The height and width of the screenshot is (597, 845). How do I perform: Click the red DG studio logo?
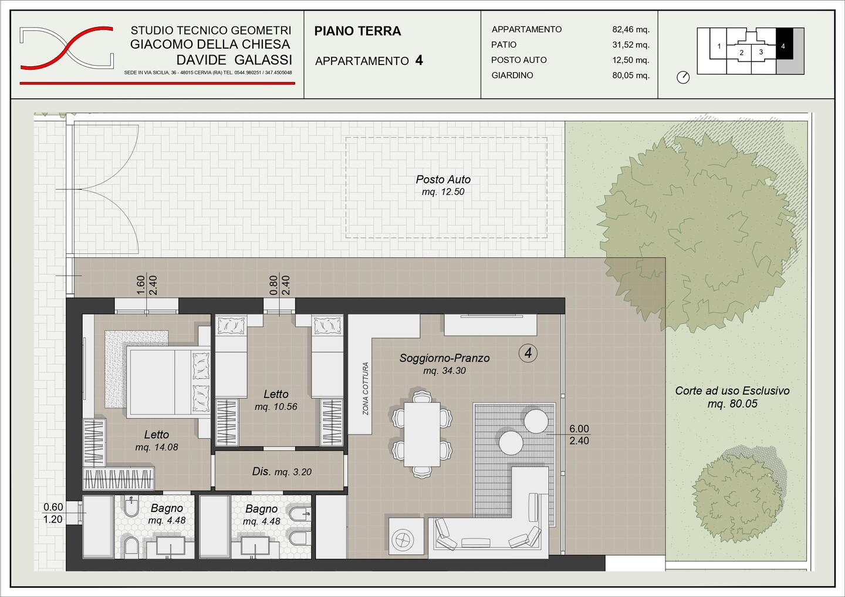[67, 48]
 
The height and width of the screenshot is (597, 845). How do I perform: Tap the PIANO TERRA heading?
[357, 31]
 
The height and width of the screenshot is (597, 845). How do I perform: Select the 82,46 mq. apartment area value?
[631, 29]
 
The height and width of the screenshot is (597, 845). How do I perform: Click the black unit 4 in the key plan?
[784, 43]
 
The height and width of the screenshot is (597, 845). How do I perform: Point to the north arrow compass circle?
[683, 77]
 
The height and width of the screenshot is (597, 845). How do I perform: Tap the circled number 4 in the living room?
[528, 353]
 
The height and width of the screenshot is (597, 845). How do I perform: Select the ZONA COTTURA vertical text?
[365, 389]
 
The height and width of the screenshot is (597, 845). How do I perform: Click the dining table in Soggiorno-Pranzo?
[422, 435]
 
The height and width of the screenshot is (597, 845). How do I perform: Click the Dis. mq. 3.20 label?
[282, 472]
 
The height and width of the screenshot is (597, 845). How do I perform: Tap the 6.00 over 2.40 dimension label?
[579, 435]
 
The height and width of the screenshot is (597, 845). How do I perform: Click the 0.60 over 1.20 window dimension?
[53, 513]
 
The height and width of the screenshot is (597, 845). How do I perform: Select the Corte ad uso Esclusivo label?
[732, 397]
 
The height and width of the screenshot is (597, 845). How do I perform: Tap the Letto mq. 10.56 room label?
[276, 401]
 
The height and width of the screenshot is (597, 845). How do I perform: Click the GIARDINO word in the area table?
[512, 76]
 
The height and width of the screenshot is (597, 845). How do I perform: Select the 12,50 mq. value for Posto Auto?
[631, 60]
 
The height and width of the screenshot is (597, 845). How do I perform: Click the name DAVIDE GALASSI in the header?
[234, 60]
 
